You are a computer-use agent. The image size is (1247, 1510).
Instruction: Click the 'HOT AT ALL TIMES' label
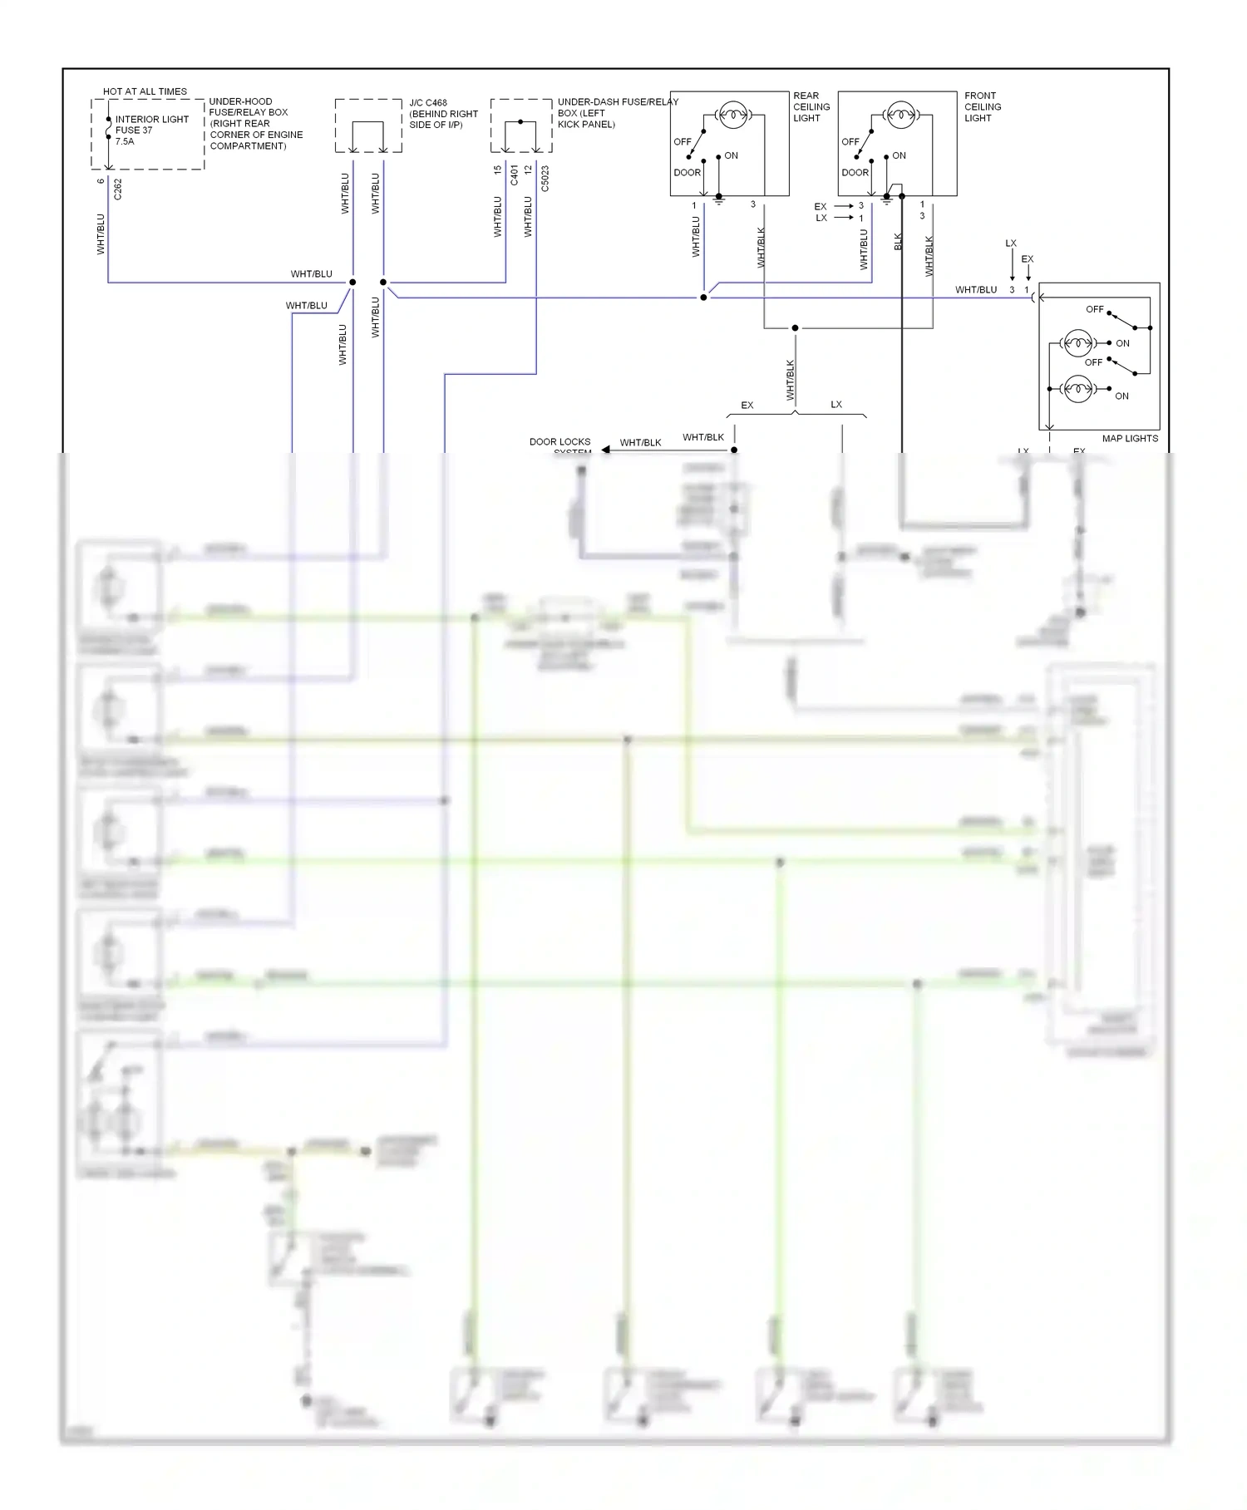pos(145,91)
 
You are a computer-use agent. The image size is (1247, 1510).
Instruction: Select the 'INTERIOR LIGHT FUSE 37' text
pos(151,125)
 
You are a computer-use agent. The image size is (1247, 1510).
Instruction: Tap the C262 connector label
pos(117,189)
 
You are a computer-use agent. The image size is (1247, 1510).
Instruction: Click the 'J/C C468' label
pos(428,103)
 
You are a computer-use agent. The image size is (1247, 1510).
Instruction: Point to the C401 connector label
pos(514,175)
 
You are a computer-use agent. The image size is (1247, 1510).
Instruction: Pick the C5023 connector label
pos(545,179)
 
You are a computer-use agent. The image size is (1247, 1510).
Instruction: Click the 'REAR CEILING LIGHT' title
pos(811,107)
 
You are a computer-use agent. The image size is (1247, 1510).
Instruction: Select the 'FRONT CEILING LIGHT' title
pos(982,107)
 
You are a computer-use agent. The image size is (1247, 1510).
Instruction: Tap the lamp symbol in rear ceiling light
pos(732,115)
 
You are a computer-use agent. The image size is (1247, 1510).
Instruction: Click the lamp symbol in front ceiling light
pos(900,115)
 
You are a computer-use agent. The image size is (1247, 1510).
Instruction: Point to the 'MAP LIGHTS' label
pos(1129,438)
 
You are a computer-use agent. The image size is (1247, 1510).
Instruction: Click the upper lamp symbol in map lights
pos(1078,342)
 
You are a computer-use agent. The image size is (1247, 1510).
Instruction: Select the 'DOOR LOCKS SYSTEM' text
pos(560,445)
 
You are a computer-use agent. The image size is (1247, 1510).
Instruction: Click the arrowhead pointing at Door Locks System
pos(605,450)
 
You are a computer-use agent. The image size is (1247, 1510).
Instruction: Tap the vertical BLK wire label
pos(898,241)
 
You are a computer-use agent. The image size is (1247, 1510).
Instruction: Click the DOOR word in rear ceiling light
pos(687,173)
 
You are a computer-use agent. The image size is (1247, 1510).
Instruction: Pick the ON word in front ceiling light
pos(899,155)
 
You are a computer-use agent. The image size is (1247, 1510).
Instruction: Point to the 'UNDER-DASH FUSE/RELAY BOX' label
pos(617,113)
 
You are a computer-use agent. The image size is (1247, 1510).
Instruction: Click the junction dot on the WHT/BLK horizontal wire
pos(795,328)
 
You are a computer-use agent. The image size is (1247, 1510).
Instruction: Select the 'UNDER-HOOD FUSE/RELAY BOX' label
pos(255,123)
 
